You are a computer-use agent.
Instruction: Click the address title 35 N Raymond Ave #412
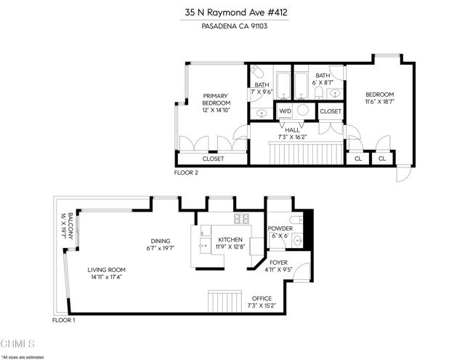pyautogui.click(x=232, y=12)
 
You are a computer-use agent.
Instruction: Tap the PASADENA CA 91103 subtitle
pyautogui.click(x=232, y=27)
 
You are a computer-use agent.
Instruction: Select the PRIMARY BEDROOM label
pyautogui.click(x=215, y=103)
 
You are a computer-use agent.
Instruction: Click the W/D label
pyautogui.click(x=285, y=111)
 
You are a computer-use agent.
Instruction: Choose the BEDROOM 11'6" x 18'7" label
pyautogui.click(x=379, y=98)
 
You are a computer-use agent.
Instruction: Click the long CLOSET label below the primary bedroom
pyautogui.click(x=213, y=159)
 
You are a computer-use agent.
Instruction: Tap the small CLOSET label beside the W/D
pyautogui.click(x=331, y=111)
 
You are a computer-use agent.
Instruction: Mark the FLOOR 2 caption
pyautogui.click(x=186, y=173)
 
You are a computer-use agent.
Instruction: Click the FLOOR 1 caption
pyautogui.click(x=64, y=320)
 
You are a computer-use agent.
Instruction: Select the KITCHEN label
pyautogui.click(x=230, y=243)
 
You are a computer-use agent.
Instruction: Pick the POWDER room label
pyautogui.click(x=279, y=232)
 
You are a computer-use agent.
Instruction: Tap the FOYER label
pyautogui.click(x=279, y=265)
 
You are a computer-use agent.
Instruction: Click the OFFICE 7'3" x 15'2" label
pyautogui.click(x=262, y=302)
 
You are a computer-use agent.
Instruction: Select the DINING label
pyautogui.click(x=160, y=245)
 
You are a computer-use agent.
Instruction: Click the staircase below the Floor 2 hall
pyautogui.click(x=305, y=154)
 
